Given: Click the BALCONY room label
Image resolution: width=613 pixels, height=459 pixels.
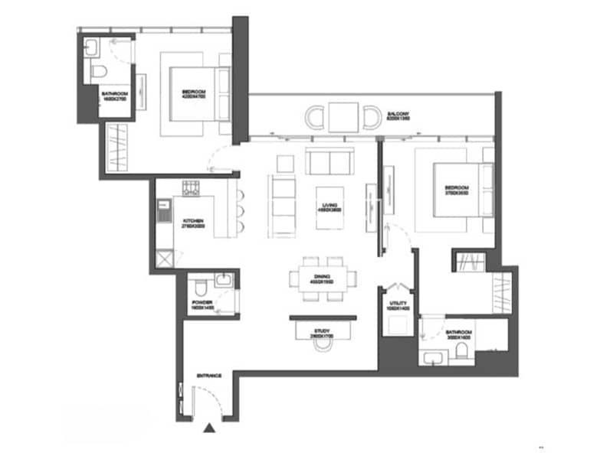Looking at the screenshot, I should pyautogui.click(x=398, y=114).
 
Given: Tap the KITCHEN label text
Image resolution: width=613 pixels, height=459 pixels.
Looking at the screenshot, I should pyautogui.click(x=192, y=223).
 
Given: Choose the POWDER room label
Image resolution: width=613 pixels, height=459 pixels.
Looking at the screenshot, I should pyautogui.click(x=202, y=304).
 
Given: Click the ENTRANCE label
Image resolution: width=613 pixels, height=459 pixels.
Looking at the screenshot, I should pyautogui.click(x=209, y=375).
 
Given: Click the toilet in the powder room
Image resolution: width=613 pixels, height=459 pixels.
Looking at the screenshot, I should pyautogui.click(x=200, y=288).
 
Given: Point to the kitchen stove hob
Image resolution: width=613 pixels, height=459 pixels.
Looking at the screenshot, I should pyautogui.click(x=191, y=187).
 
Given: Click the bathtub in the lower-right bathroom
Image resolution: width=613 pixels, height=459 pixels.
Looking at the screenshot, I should pyautogui.click(x=432, y=355).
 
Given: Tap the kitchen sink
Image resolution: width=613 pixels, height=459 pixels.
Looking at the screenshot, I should pyautogui.click(x=162, y=210).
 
